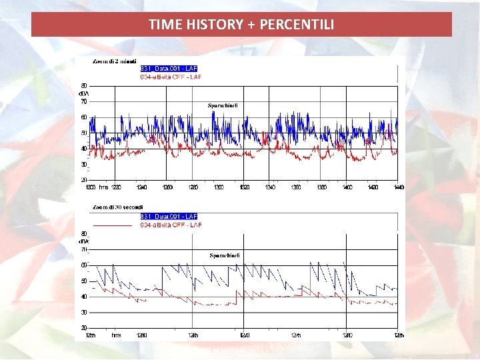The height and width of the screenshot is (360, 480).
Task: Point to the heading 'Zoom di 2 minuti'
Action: (115, 61)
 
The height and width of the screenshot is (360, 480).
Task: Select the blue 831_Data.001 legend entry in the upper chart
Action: (169, 68)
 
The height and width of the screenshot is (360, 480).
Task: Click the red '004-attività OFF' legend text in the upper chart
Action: (171, 77)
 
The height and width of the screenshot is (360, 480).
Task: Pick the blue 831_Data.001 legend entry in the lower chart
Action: (169, 217)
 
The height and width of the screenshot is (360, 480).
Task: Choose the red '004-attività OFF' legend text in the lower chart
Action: (171, 225)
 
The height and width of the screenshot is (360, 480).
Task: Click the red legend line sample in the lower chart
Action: (116, 225)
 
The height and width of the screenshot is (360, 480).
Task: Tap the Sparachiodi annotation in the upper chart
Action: (223, 105)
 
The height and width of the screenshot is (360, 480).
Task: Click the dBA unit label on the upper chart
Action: (85, 94)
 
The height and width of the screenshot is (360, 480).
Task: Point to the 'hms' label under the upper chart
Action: (103, 187)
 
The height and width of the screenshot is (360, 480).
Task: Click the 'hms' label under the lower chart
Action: (116, 335)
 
